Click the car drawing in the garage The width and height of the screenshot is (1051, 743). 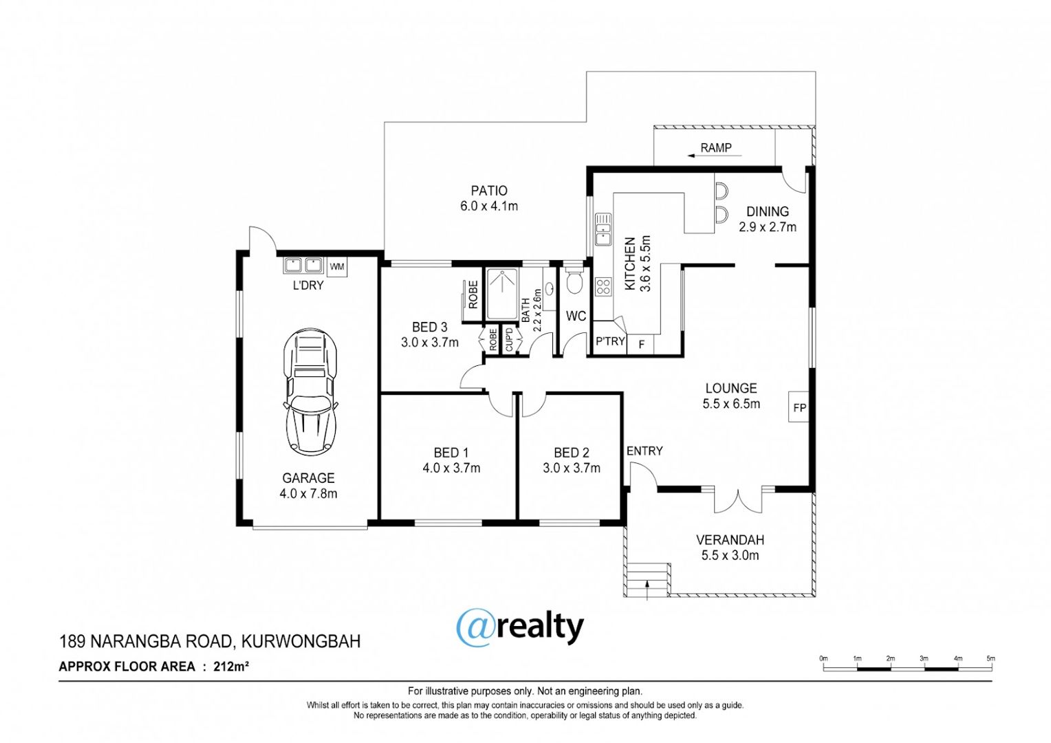point(310,392)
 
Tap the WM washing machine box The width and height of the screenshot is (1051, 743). point(337,267)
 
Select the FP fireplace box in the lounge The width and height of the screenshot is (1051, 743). point(799,407)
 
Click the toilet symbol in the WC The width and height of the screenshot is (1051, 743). point(574,281)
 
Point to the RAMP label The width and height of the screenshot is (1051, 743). point(715,148)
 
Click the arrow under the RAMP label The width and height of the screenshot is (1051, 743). point(714,155)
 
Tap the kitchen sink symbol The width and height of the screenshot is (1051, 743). point(603,229)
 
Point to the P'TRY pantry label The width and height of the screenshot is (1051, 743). point(610,341)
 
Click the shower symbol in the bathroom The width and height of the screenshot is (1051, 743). point(502,294)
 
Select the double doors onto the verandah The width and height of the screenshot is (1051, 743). point(738,500)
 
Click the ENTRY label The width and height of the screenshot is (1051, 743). point(644,451)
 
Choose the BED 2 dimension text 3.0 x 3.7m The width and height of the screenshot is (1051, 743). point(572,468)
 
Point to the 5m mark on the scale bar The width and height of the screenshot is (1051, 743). point(990,658)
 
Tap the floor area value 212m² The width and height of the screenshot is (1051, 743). point(231,667)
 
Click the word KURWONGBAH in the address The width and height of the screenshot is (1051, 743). point(301,641)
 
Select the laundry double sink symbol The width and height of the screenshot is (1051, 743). point(303,265)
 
